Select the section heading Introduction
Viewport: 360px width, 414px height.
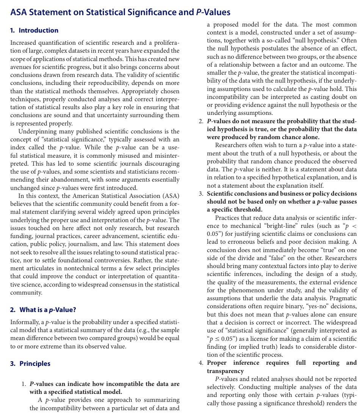pos(38,30)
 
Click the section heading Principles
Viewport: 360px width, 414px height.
pos(35,364)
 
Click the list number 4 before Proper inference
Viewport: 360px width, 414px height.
pos(201,363)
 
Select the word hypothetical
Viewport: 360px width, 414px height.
pos(294,177)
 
